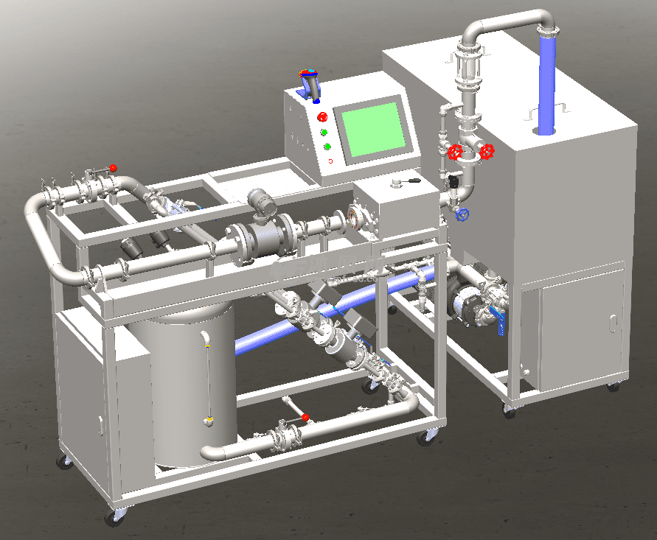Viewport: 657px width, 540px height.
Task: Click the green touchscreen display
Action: click(373, 131)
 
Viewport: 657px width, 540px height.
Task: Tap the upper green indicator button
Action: click(324, 133)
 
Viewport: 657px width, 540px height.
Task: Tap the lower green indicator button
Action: click(327, 147)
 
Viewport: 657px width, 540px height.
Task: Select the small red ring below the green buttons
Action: click(330, 161)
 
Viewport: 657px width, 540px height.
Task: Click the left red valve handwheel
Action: click(455, 152)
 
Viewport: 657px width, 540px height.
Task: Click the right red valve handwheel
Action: click(487, 152)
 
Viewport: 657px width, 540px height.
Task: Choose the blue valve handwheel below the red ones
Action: click(462, 215)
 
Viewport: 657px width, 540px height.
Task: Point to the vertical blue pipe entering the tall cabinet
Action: click(546, 85)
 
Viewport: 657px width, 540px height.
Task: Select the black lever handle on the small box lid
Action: click(407, 180)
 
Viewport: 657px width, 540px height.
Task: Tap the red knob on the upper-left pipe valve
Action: click(112, 168)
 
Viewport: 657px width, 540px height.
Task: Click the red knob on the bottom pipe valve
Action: click(305, 418)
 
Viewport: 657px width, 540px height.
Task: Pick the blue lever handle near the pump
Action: click(499, 323)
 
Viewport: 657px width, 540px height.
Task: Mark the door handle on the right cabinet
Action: click(612, 323)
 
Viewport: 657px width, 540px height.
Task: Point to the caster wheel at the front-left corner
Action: click(114, 517)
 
